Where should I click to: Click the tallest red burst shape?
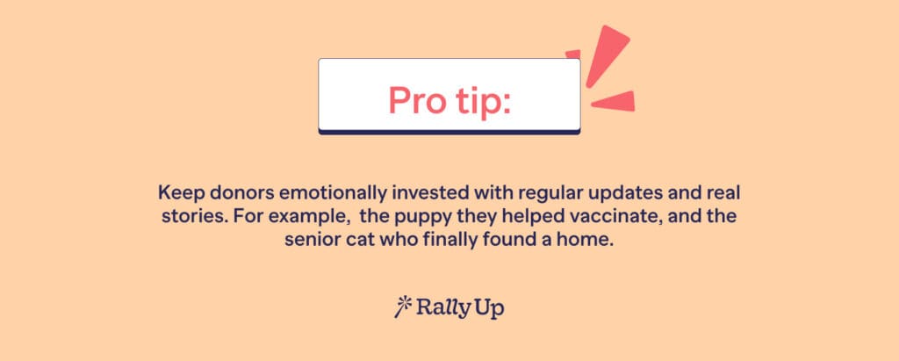coord(608,55)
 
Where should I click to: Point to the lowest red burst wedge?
coord(614,101)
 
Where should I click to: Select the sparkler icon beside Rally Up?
coord(403,307)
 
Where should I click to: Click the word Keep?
coord(175,192)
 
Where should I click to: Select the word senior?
coord(310,241)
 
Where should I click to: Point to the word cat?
coord(351,241)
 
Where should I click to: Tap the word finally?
coord(447,242)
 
